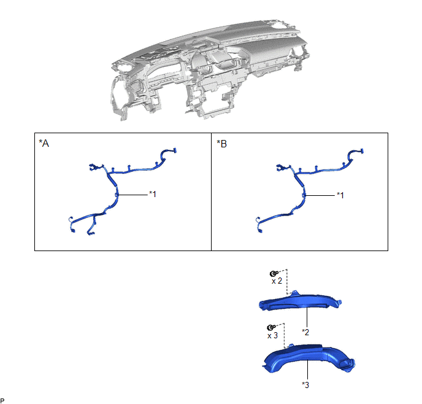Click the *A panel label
pos(44,143)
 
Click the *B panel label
pos(222,144)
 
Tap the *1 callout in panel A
pos(153,194)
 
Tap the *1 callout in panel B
pos(340,195)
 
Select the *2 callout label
pos(305,332)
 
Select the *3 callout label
pos(305,385)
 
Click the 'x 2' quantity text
pos(277,281)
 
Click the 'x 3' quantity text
pos(272,336)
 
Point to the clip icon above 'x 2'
pos(274,273)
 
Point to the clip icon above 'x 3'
pos(270,327)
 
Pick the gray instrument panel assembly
pos(210,70)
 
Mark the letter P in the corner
pos(2,400)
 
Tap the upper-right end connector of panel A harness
pos(175,150)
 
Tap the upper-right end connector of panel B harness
pos(362,151)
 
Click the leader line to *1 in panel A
pos(132,195)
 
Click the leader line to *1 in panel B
pos(320,195)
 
